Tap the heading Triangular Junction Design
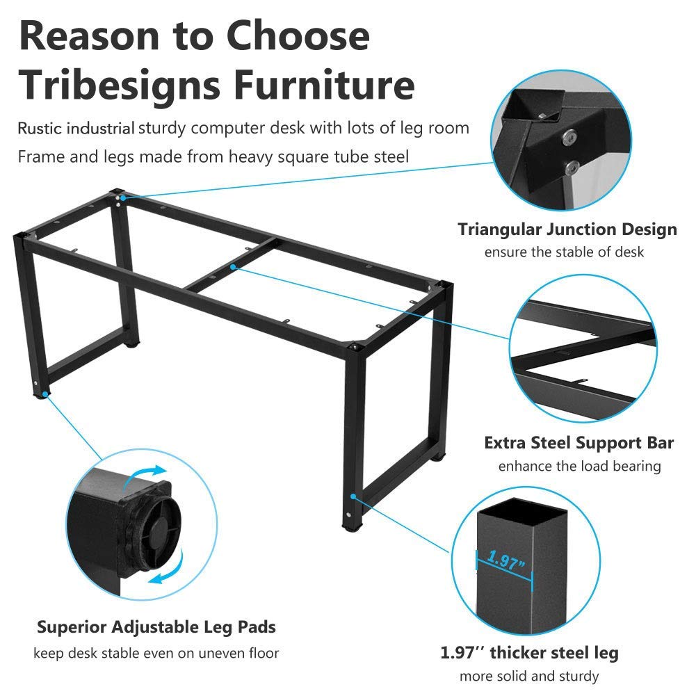pyautogui.click(x=567, y=229)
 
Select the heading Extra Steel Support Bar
pyautogui.click(x=578, y=443)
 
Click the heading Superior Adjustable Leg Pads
pyautogui.click(x=156, y=627)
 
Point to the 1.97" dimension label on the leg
pyautogui.click(x=506, y=560)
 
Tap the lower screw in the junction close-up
pyautogui.click(x=571, y=168)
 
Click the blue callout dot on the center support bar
pyautogui.click(x=233, y=267)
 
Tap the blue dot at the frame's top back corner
pyautogui.click(x=123, y=198)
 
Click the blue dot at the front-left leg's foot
pyautogui.click(x=44, y=394)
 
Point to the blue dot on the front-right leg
pyautogui.click(x=353, y=496)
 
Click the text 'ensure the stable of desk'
pyautogui.click(x=564, y=252)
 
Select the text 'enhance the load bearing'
pyautogui.click(x=579, y=466)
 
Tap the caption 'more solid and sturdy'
pyautogui.click(x=529, y=676)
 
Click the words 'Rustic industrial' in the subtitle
pyautogui.click(x=76, y=128)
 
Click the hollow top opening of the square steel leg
pyautogui.click(x=522, y=510)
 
